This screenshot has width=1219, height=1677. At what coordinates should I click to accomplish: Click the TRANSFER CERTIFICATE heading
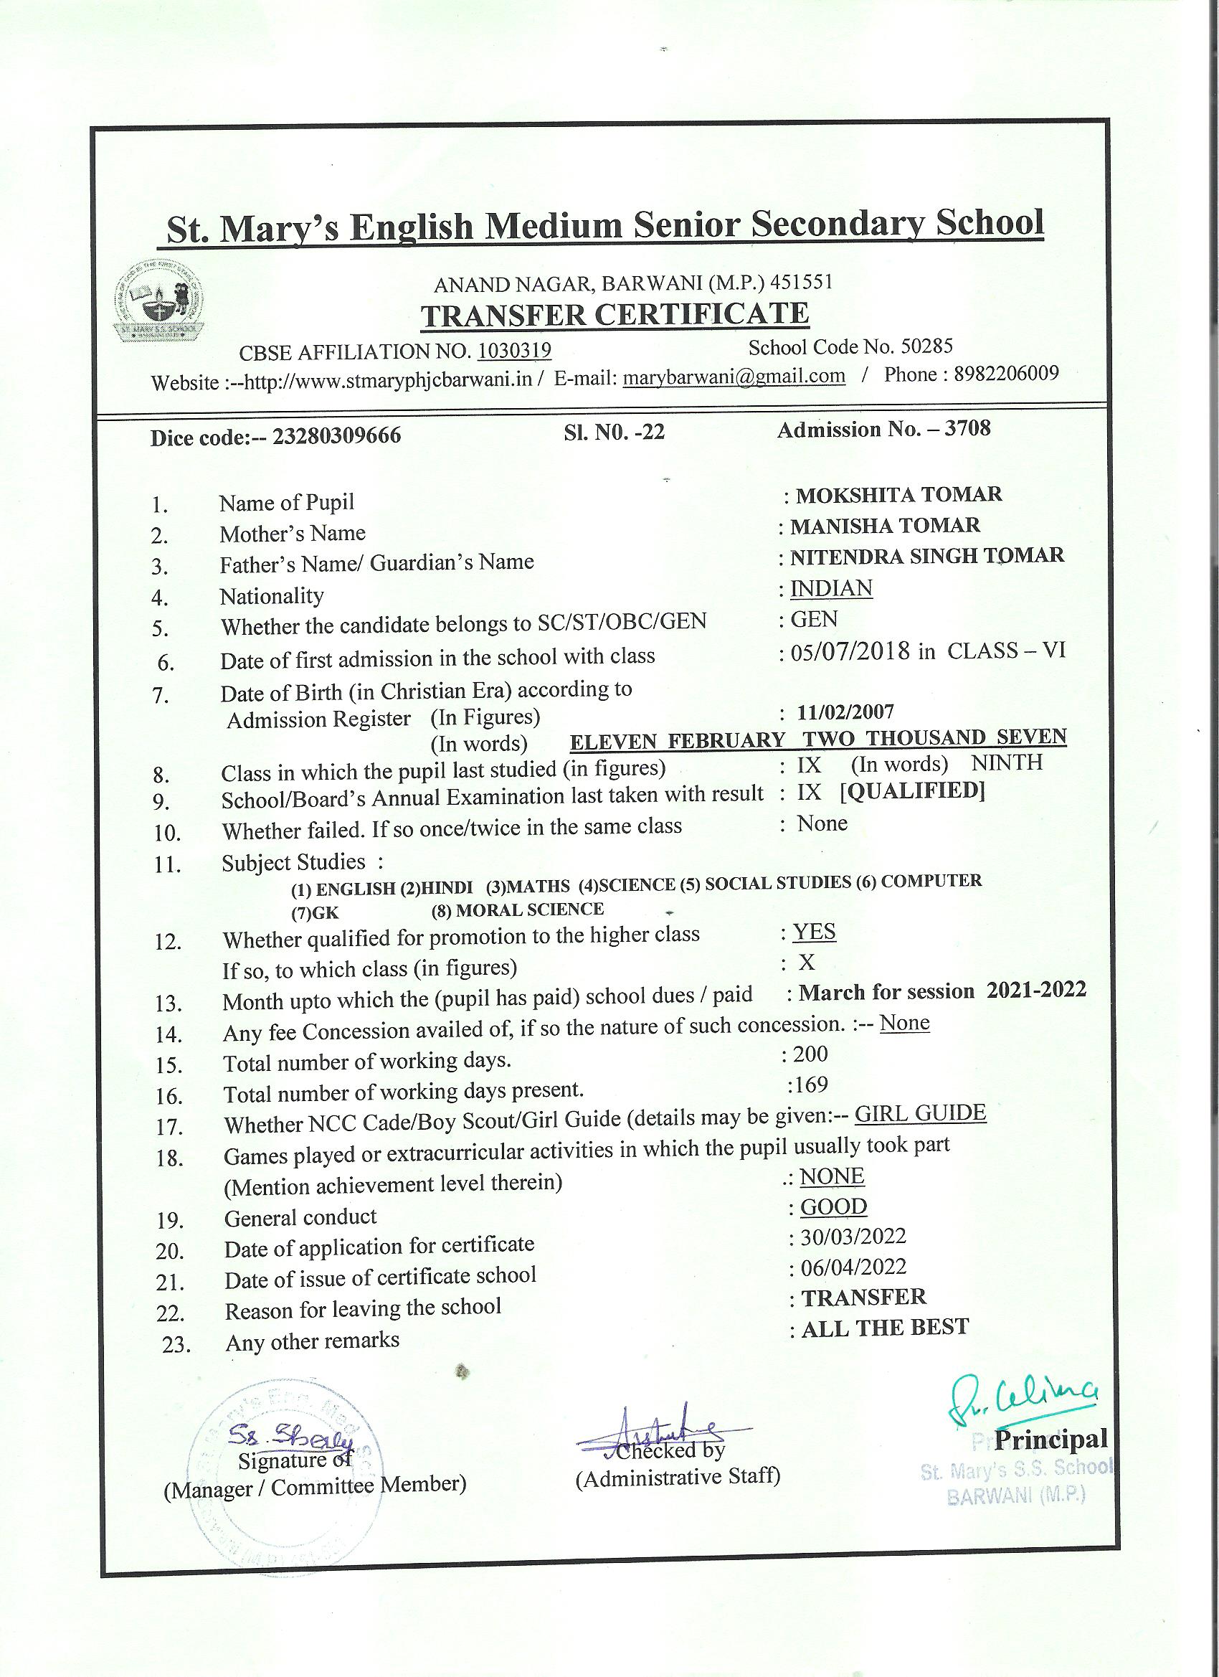[x=615, y=314]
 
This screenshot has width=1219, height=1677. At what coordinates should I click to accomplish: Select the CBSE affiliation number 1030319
[x=515, y=350]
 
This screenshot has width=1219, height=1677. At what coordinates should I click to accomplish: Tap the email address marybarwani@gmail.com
[x=734, y=377]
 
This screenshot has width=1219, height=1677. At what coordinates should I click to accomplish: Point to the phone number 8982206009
[x=1006, y=374]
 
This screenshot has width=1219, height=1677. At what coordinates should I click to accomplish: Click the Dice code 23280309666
[x=336, y=435]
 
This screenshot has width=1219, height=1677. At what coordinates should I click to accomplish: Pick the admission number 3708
[x=969, y=428]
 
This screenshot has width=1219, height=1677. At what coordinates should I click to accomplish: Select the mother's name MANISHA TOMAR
[x=885, y=526]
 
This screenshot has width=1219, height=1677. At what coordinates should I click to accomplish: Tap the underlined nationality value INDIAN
[x=831, y=589]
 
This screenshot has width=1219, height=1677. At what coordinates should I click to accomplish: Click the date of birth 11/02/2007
[x=845, y=712]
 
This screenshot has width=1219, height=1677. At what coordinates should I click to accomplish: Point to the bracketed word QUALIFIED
[x=913, y=791]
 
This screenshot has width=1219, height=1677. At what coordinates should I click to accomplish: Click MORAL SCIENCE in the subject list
[x=529, y=910]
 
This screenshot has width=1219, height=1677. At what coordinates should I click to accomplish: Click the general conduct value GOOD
[x=834, y=1206]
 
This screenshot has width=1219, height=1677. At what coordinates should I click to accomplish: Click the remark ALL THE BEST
[x=885, y=1328]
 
